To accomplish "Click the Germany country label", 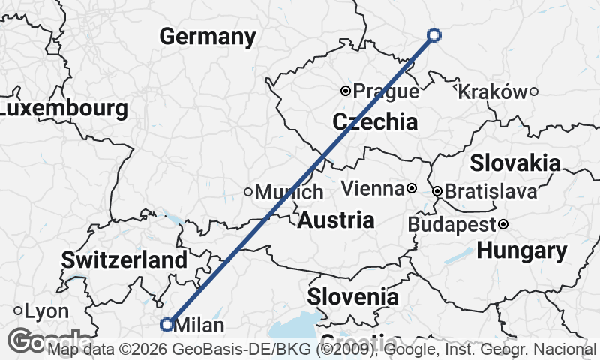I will (x=208, y=37).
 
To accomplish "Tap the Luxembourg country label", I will (x=63, y=109).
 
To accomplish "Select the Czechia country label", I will (x=374, y=121).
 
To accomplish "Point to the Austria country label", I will (x=336, y=220).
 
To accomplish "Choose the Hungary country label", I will (x=522, y=251).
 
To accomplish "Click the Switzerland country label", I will (x=124, y=260).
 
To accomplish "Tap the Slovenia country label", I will (x=352, y=296).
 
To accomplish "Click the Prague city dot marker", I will (x=346, y=91).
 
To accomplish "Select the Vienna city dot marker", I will (x=412, y=187).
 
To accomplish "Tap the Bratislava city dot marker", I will (x=437, y=192).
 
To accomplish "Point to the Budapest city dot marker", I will (x=503, y=224).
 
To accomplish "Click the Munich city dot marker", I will (x=248, y=192).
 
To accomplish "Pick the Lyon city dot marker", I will (x=17, y=310).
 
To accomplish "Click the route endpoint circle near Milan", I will (x=166, y=324).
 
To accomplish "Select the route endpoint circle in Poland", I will (x=433, y=34).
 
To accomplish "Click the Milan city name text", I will (x=199, y=325).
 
